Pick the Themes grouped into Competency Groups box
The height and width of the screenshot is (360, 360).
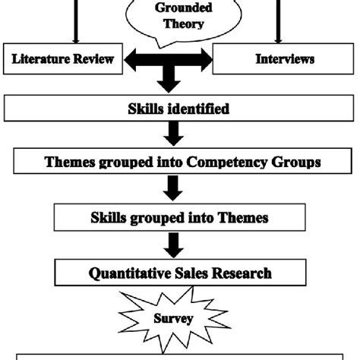(180, 162)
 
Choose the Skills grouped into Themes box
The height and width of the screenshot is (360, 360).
(180, 218)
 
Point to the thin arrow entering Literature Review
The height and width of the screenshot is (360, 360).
(75, 23)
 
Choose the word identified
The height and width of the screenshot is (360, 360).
(201, 109)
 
